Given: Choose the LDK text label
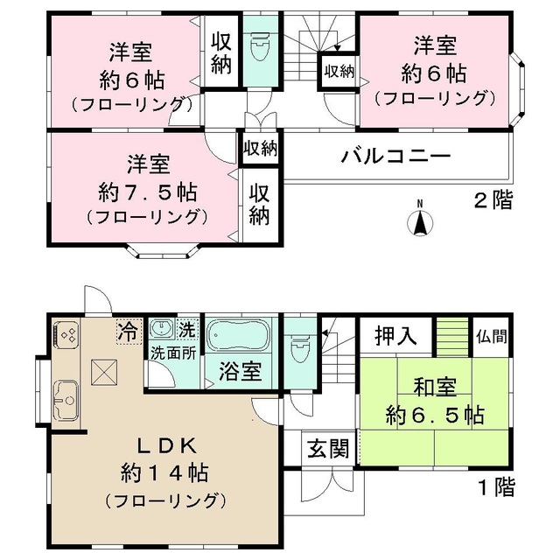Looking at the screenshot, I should click(x=164, y=444).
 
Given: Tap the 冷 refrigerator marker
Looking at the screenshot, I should click(x=128, y=332).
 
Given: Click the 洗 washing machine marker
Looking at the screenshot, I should click(x=186, y=331).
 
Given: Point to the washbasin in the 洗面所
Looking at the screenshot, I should click(x=162, y=330).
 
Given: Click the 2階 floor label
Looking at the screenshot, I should click(x=493, y=199).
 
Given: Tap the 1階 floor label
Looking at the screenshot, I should click(x=495, y=486).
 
